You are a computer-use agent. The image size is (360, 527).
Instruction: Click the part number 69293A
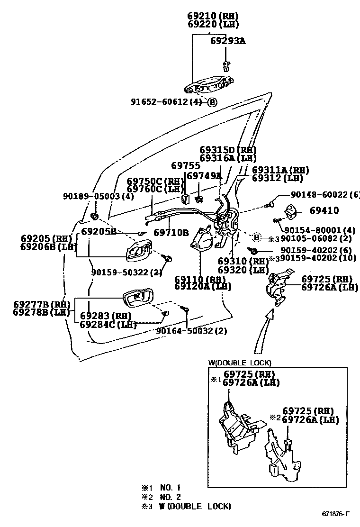tap(227, 41)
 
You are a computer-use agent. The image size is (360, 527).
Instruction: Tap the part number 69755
tap(186, 166)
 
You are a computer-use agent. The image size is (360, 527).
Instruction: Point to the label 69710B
tap(171, 233)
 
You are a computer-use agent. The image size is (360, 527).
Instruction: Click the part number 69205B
tap(99, 231)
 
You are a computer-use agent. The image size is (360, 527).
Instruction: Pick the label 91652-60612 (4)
tap(166, 101)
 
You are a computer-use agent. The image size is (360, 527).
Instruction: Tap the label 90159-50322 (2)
tap(126, 272)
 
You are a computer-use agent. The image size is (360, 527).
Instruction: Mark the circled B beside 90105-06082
tap(257, 237)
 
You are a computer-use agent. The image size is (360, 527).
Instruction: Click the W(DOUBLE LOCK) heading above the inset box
tap(240, 363)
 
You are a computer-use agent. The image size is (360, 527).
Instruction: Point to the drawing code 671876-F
tap(336, 514)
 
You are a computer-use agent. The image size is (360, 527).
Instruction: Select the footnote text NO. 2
tap(170, 497)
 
